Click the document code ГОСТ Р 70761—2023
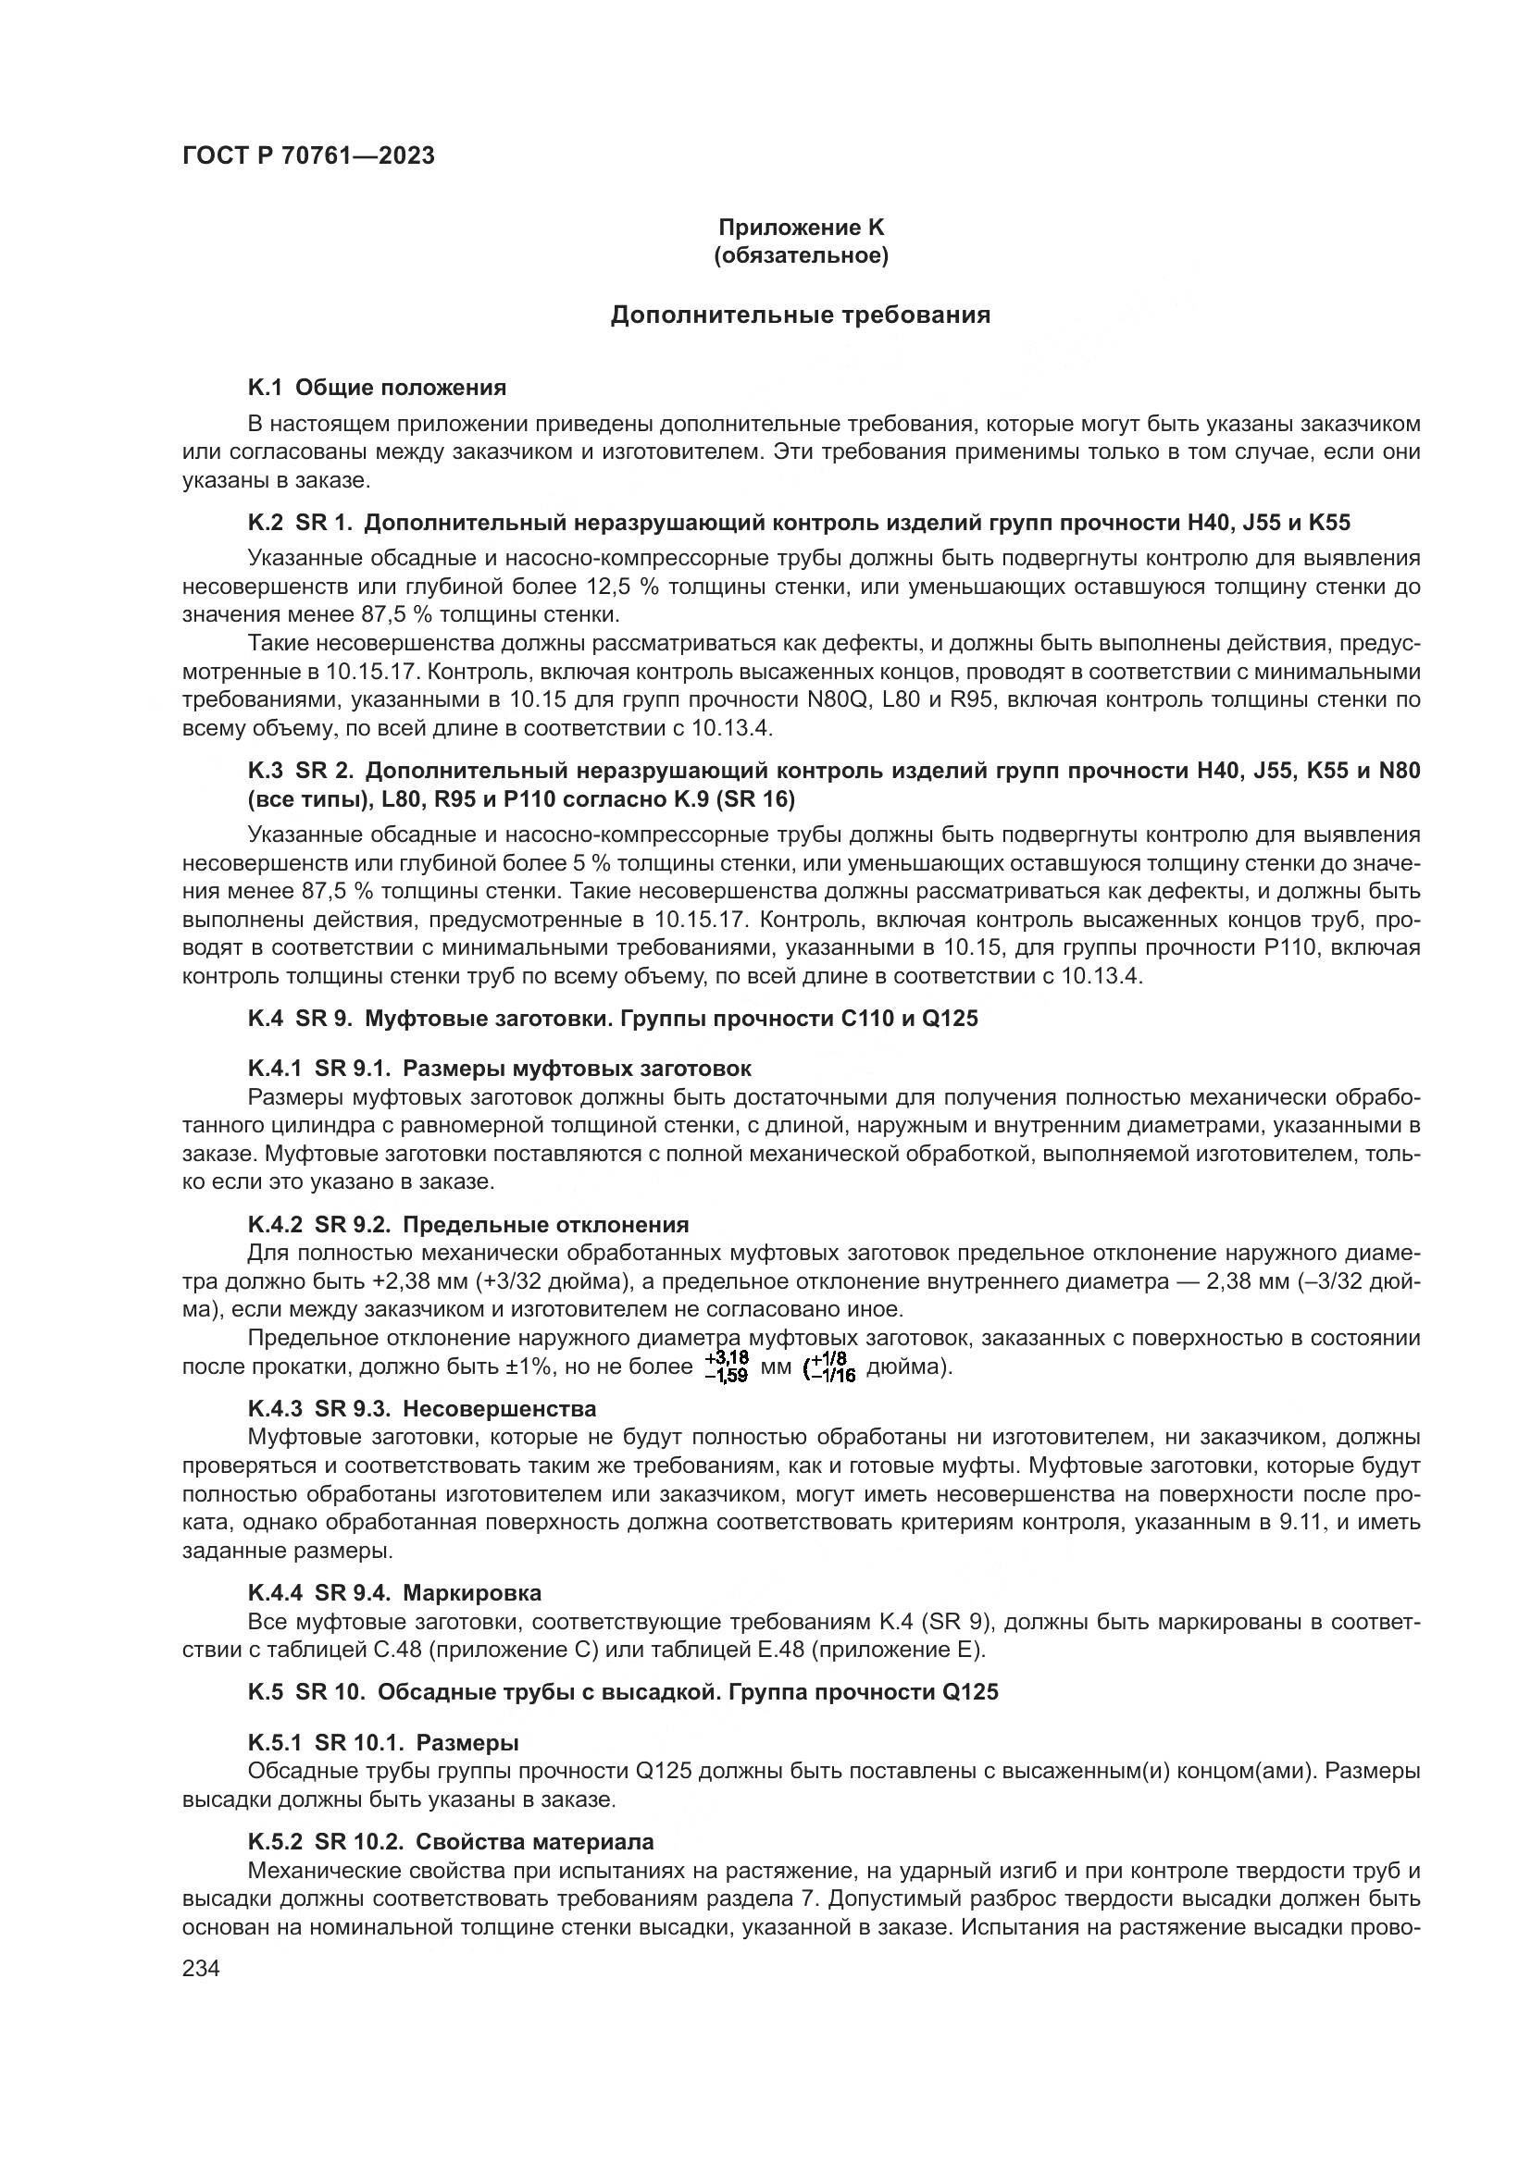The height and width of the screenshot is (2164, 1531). tap(308, 156)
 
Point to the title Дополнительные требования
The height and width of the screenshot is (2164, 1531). tap(801, 315)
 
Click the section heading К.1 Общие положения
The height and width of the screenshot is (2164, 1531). tap(377, 388)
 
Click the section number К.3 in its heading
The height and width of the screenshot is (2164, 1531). tap(265, 771)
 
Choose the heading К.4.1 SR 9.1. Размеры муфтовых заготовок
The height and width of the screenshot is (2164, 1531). tap(500, 1069)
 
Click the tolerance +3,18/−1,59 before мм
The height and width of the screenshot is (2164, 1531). tap(726, 1366)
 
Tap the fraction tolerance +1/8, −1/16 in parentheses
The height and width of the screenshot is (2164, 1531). tap(829, 1366)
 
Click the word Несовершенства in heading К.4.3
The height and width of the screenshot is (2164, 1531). tap(500, 1409)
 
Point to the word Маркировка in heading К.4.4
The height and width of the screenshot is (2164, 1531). tap(472, 1593)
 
